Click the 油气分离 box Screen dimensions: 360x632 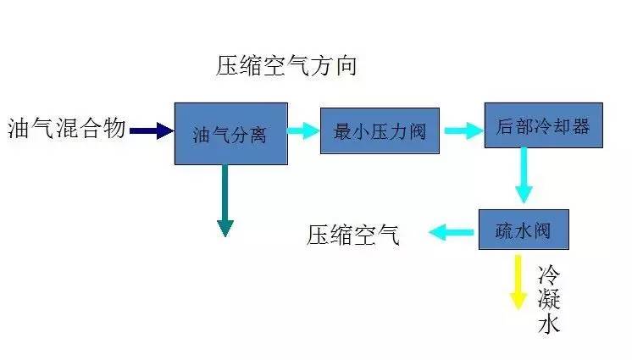point(230,133)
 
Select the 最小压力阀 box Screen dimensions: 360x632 point(380,130)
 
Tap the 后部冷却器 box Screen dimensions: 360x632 point(542,125)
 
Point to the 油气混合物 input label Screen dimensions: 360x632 point(66,129)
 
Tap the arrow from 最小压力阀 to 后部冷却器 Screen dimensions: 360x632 point(462,130)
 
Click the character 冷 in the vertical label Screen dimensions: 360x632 point(549,274)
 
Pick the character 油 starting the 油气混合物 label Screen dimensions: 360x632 point(19,129)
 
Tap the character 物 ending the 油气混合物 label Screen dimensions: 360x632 point(115,129)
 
